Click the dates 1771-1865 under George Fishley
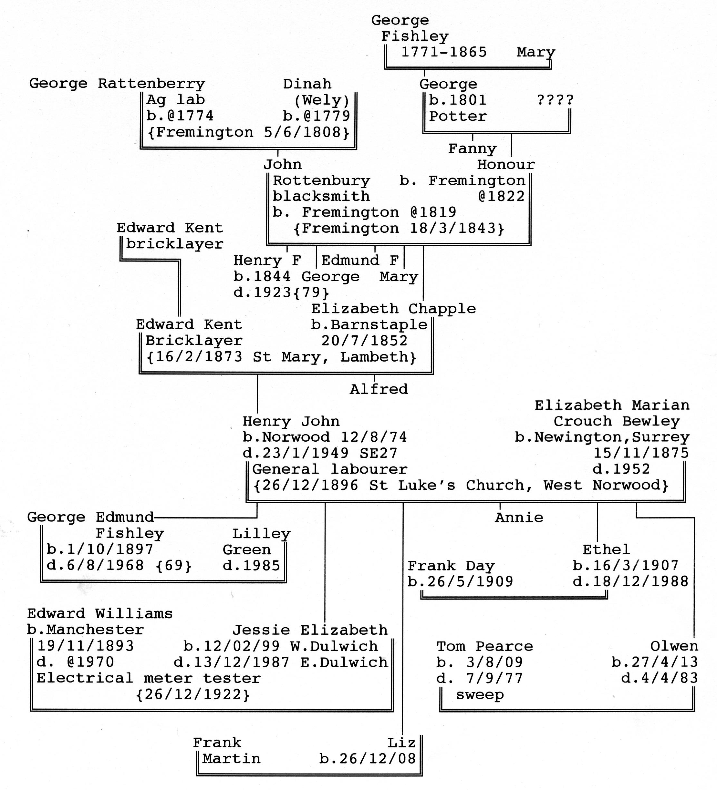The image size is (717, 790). pos(444,52)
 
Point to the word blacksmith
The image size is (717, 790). pos(321,196)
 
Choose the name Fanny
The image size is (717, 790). pos(473,149)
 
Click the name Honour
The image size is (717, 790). pos(506,165)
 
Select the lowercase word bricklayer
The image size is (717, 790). pos(174,244)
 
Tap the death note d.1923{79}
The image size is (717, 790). pos(281,292)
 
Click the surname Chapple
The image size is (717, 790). pos(442,309)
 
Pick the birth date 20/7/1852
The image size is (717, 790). pos(365,341)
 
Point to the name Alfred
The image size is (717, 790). pos(379,389)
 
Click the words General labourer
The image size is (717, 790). pos(330,469)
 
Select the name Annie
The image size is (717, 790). pos(519,518)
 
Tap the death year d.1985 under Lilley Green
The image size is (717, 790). pos(251,565)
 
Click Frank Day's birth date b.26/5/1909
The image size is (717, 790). pos(460,581)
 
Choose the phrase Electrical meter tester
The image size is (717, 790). pos(149,678)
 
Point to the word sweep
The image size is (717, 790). pos(480,695)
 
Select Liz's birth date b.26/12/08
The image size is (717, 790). pos(367,758)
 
